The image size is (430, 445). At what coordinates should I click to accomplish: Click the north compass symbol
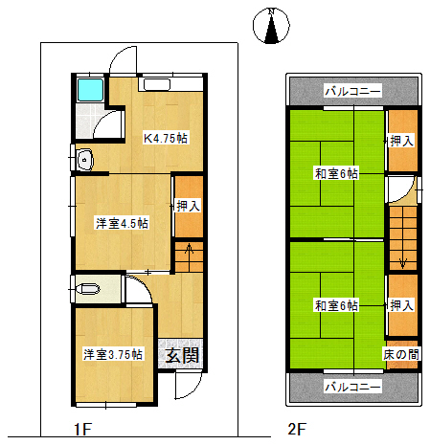click(x=271, y=26)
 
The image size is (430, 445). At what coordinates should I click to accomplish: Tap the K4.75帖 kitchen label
click(x=166, y=138)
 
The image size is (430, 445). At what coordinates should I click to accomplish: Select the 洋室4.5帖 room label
click(x=122, y=223)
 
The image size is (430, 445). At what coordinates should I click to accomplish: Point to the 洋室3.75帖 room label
click(x=113, y=354)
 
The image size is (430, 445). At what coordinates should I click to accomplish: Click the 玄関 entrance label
click(x=182, y=355)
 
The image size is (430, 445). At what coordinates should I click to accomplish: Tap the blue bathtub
click(x=90, y=90)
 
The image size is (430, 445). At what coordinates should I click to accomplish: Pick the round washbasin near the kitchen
click(x=84, y=159)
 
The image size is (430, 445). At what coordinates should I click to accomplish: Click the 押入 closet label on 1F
click(x=189, y=206)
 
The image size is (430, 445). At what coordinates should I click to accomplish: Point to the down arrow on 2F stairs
click(x=403, y=259)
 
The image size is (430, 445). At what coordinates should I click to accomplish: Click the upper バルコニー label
click(x=352, y=91)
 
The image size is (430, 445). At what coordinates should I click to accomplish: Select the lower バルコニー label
click(x=352, y=387)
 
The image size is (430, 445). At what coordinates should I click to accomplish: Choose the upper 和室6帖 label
click(x=336, y=174)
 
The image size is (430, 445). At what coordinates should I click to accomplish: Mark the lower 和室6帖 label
click(x=336, y=305)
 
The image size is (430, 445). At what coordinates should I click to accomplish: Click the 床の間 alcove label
click(x=401, y=354)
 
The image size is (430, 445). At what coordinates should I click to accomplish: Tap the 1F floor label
click(x=83, y=429)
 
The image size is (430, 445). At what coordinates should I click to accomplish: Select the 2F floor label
click(x=297, y=429)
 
